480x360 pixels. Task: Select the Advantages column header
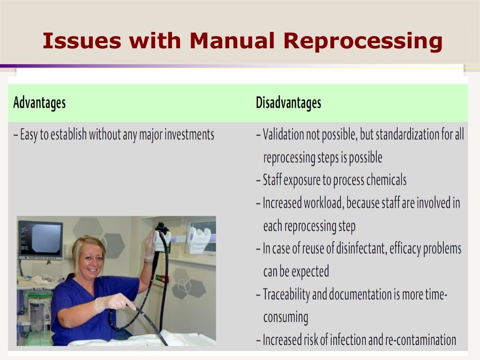[x=39, y=103]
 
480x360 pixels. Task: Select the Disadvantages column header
[x=288, y=103]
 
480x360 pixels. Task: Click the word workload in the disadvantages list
[x=324, y=203]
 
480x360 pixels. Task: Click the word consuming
[x=285, y=317]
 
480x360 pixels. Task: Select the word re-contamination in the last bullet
[x=421, y=340]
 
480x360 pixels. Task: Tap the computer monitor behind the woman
[x=40, y=240]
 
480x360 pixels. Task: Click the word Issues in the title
[x=75, y=41]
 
